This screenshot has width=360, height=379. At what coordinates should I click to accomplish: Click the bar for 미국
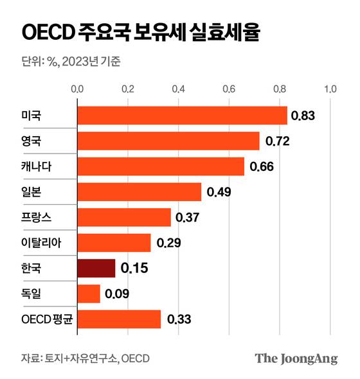point(182,115)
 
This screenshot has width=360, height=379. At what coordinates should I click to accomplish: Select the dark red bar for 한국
point(96,268)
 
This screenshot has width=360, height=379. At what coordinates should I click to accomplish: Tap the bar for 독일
point(89,294)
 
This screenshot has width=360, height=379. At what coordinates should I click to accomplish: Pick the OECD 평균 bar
point(119,319)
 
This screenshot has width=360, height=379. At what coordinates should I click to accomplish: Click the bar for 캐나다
point(161,166)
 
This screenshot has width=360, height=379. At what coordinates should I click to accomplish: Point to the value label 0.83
point(303,116)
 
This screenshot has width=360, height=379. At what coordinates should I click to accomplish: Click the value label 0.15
point(134,268)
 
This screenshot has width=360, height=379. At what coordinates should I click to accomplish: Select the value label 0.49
point(219,191)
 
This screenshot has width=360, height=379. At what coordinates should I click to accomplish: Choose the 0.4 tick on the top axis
point(178,89)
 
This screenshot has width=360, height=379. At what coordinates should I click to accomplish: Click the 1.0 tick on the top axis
point(330,89)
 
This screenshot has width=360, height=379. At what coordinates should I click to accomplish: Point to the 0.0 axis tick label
point(77,89)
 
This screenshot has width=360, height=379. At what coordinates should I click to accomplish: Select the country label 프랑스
point(36,217)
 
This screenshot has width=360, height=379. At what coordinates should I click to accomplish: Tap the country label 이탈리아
point(40,243)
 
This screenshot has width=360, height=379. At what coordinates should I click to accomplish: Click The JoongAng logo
point(296,358)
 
